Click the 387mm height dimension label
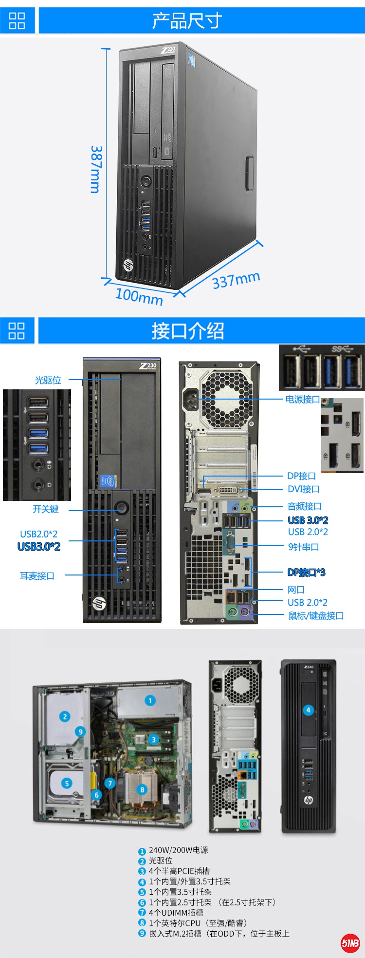96,169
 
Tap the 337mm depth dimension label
236,280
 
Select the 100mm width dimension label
139,296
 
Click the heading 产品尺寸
187,20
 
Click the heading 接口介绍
187,331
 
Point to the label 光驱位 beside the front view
48,380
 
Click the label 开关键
46,509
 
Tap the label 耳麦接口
37,576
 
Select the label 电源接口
303,400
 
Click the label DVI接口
304,489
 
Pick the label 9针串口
304,547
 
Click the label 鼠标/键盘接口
316,616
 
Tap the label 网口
296,590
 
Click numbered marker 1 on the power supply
150,701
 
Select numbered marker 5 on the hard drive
67,783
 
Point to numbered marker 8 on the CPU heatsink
142,789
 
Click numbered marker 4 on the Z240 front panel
308,710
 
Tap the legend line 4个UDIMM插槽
176,913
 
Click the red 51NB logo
350,943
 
